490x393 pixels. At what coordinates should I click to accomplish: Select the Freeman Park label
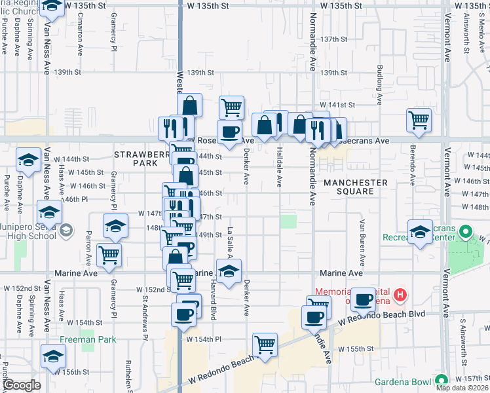pos(88,339)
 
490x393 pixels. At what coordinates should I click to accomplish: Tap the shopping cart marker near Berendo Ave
pos(419,120)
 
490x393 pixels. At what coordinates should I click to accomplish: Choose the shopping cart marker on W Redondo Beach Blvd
pos(265,345)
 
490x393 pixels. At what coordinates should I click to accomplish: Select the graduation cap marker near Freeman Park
pos(53,356)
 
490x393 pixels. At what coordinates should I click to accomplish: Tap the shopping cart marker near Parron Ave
pos(109,255)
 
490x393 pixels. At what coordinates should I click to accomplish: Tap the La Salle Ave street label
pos(230,242)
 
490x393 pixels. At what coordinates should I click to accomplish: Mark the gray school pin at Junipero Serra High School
pos(66,231)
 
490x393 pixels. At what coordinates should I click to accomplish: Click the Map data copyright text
pos(462,388)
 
